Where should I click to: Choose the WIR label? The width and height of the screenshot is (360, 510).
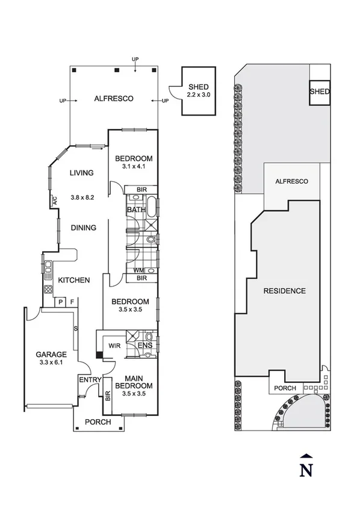coord(114,346)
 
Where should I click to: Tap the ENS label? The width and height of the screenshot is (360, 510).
coord(144,346)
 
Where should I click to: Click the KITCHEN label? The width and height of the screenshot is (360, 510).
coord(74,280)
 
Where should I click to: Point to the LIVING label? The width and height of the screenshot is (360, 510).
coord(82,173)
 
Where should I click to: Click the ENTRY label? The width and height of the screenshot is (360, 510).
coord(88,379)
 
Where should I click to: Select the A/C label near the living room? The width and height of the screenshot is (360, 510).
coord(54,201)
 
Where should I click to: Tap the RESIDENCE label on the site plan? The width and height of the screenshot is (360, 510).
coord(284,291)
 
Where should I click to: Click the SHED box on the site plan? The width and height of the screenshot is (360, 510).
coord(320,92)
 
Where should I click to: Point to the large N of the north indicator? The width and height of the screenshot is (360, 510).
coord(307,470)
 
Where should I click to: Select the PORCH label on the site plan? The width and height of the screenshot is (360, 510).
coord(285,388)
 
